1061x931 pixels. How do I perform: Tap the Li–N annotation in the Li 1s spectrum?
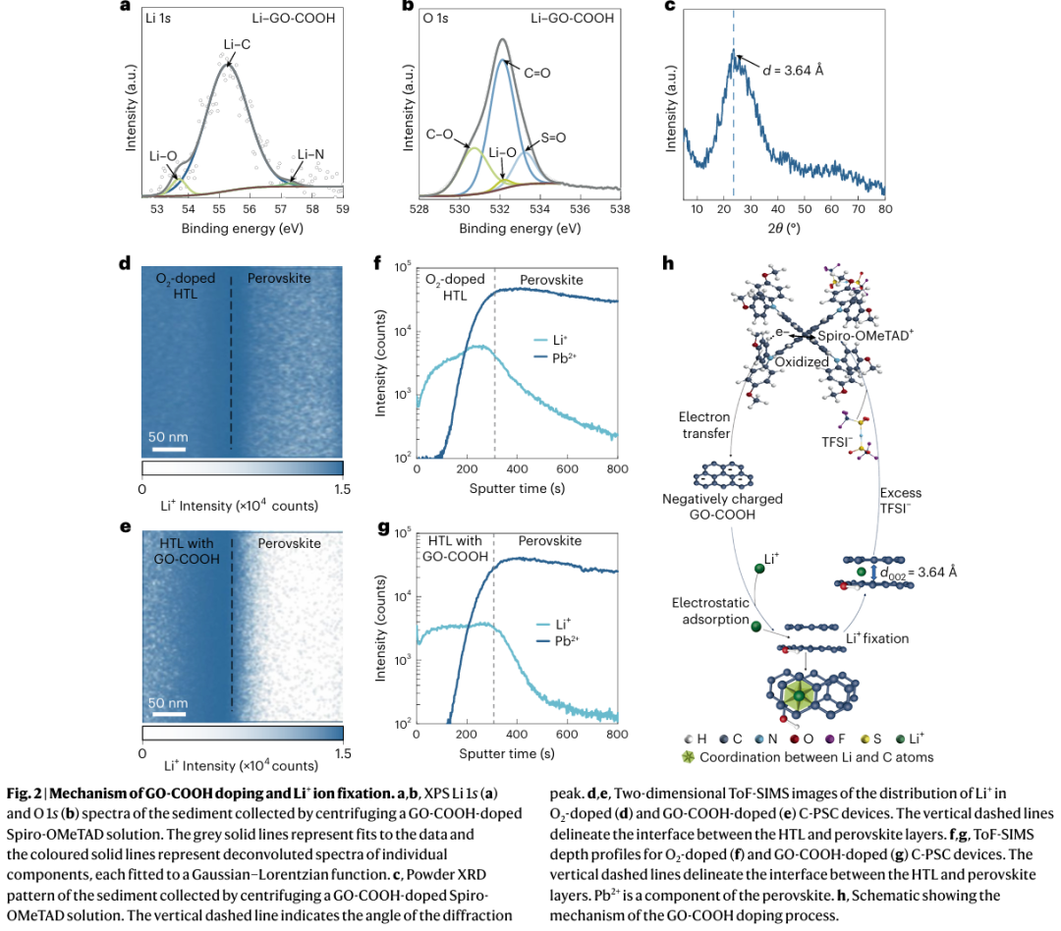coord(309,154)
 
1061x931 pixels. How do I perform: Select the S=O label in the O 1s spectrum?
coord(554,137)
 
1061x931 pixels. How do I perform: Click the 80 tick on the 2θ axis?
coord(884,208)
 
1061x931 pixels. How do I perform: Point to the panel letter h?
coord(669,263)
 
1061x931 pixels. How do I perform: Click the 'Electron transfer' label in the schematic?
coord(704,425)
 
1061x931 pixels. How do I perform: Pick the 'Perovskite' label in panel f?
coord(551,280)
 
